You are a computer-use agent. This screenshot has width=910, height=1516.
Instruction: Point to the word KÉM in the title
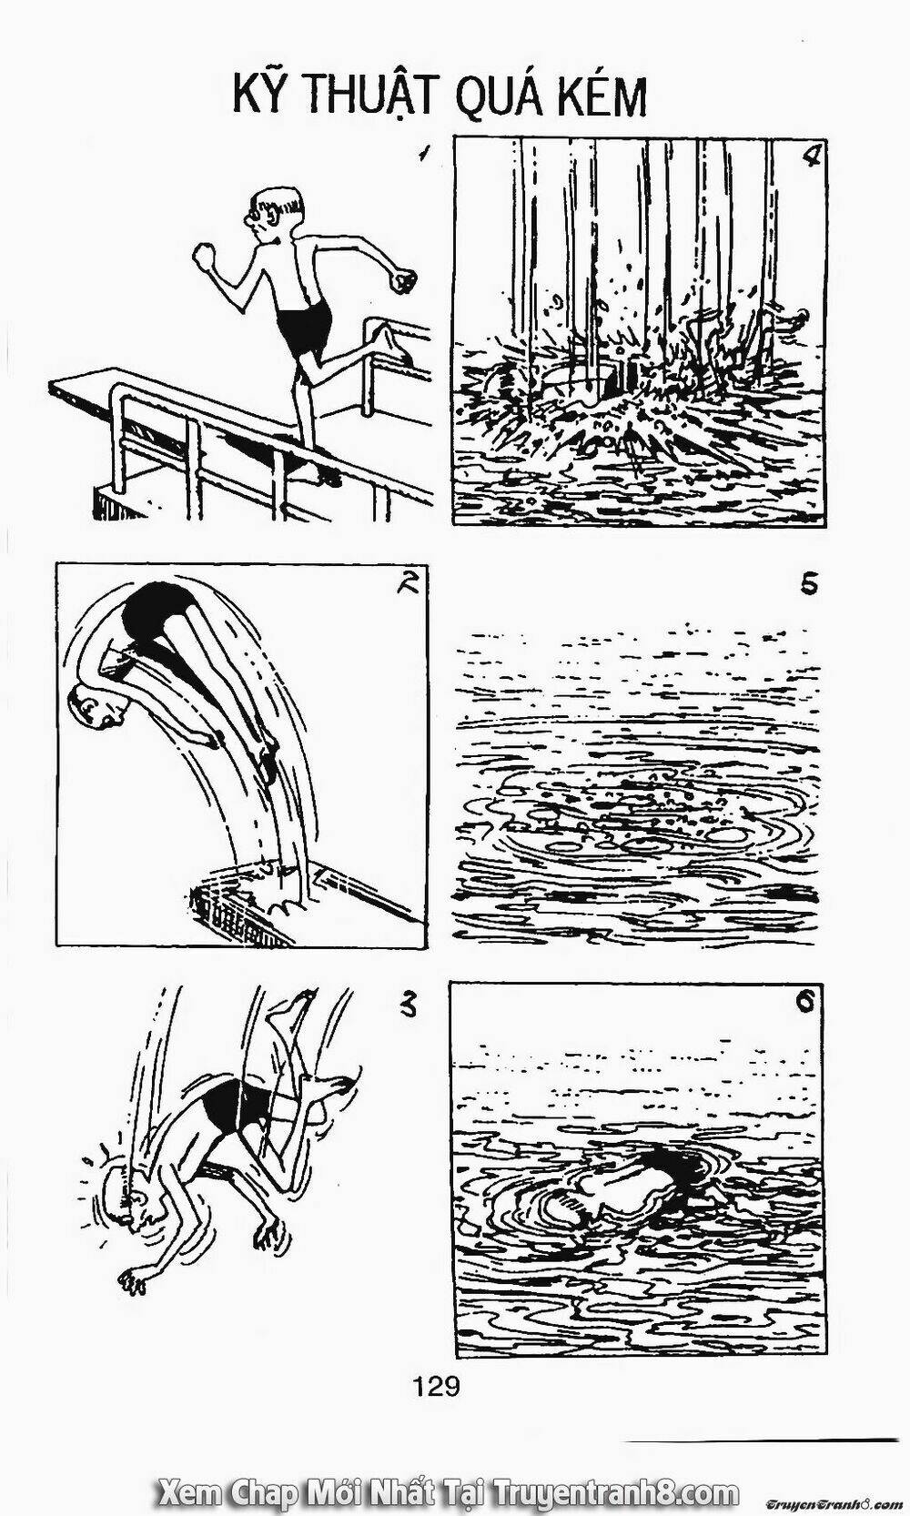[x=601, y=96]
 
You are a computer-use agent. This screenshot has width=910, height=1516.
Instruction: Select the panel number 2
[x=408, y=582]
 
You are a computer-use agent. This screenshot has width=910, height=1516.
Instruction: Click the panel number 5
[x=808, y=582]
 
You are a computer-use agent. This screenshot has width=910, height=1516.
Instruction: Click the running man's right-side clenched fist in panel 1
[x=405, y=280]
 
